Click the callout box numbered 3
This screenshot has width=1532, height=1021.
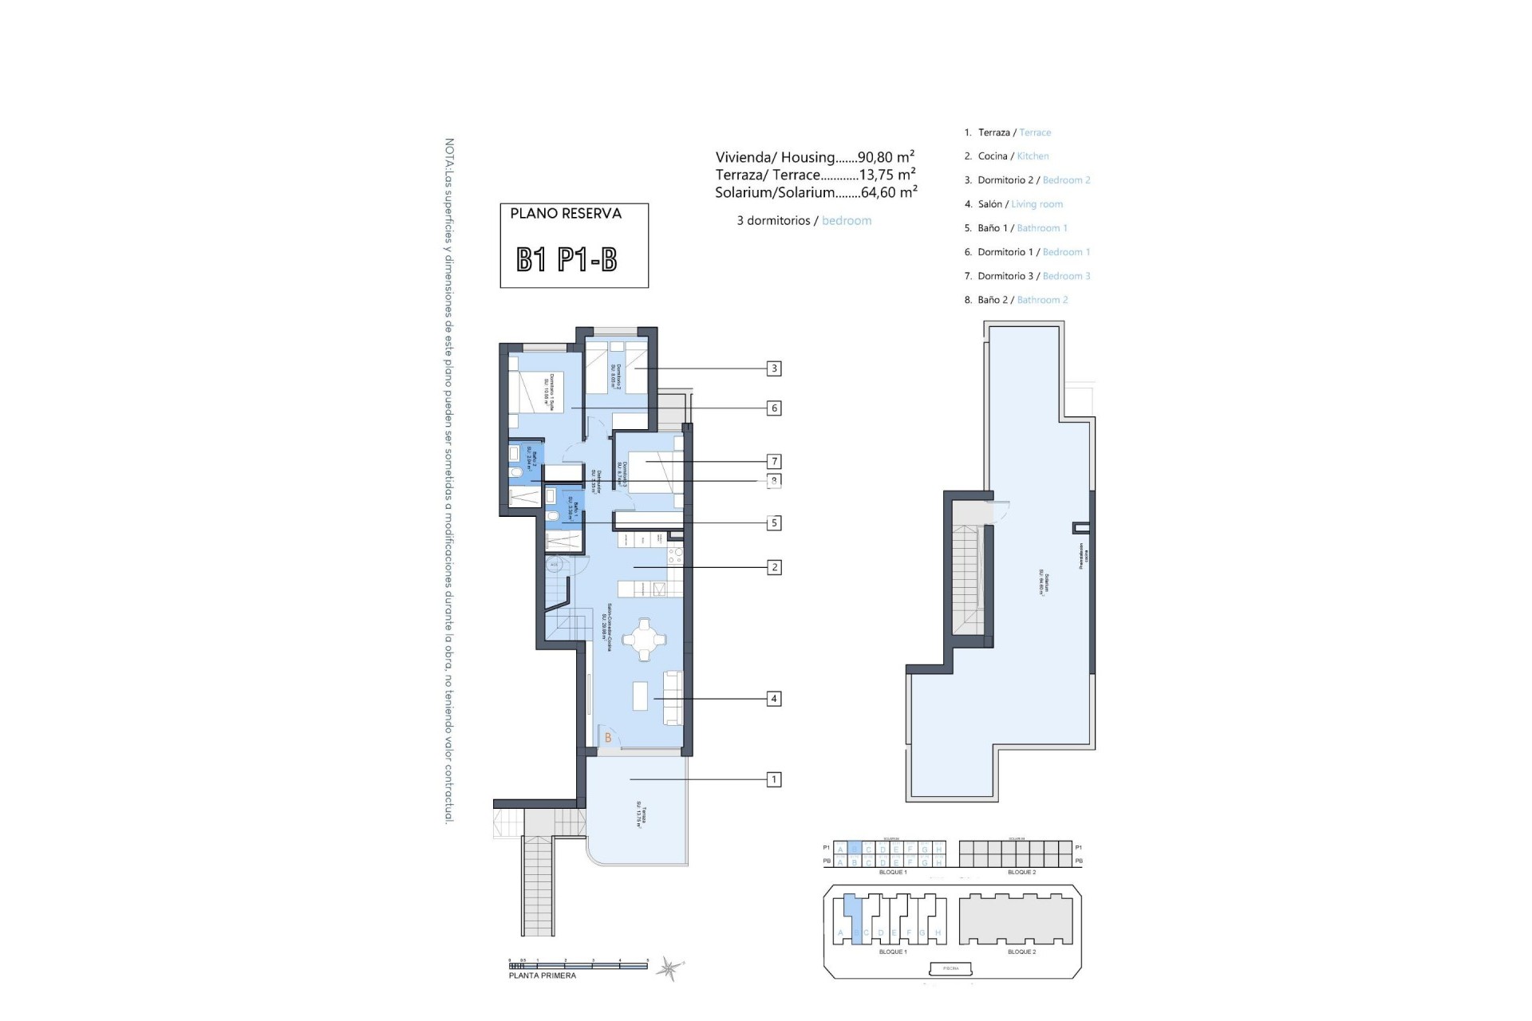pyautogui.click(x=773, y=369)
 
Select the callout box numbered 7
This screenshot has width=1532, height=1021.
pyautogui.click(x=773, y=461)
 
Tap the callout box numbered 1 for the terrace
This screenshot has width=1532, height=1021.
pyautogui.click(x=773, y=779)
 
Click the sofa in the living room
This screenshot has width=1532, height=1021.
pyautogui.click(x=673, y=698)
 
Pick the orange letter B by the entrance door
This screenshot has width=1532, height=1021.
pyautogui.click(x=608, y=738)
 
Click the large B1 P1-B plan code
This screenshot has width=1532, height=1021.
pyautogui.click(x=567, y=259)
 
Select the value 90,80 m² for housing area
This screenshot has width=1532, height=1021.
pyautogui.click(x=886, y=157)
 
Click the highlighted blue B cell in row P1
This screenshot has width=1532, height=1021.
pyautogui.click(x=855, y=849)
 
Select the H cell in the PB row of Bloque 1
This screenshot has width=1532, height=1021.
pyautogui.click(x=938, y=862)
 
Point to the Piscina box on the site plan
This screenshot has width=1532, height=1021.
pyautogui.click(x=950, y=968)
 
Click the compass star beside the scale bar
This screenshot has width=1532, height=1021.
pyautogui.click(x=668, y=969)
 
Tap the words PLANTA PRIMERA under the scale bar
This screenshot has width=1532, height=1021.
pyautogui.click(x=543, y=976)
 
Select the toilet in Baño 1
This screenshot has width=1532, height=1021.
pyautogui.click(x=552, y=517)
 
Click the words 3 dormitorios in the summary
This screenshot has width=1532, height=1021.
pyautogui.click(x=773, y=221)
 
